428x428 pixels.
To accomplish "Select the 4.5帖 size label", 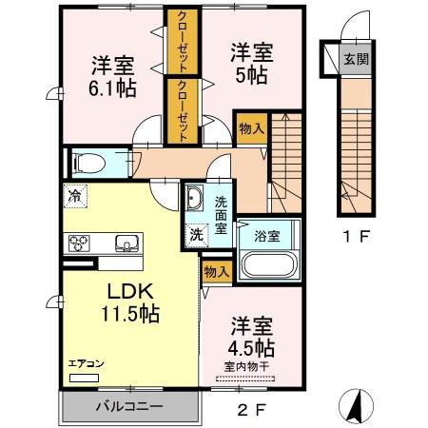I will tap(249, 346).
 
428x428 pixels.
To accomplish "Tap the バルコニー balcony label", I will tap(129, 406).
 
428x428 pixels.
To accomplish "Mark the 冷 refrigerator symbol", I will tap(74, 197).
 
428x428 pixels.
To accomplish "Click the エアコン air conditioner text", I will tap(84, 363).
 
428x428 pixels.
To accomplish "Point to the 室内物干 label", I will tap(247, 365).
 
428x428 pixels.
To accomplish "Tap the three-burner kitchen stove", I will tap(78, 242).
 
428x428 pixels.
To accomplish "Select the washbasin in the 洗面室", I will tap(194, 199).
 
